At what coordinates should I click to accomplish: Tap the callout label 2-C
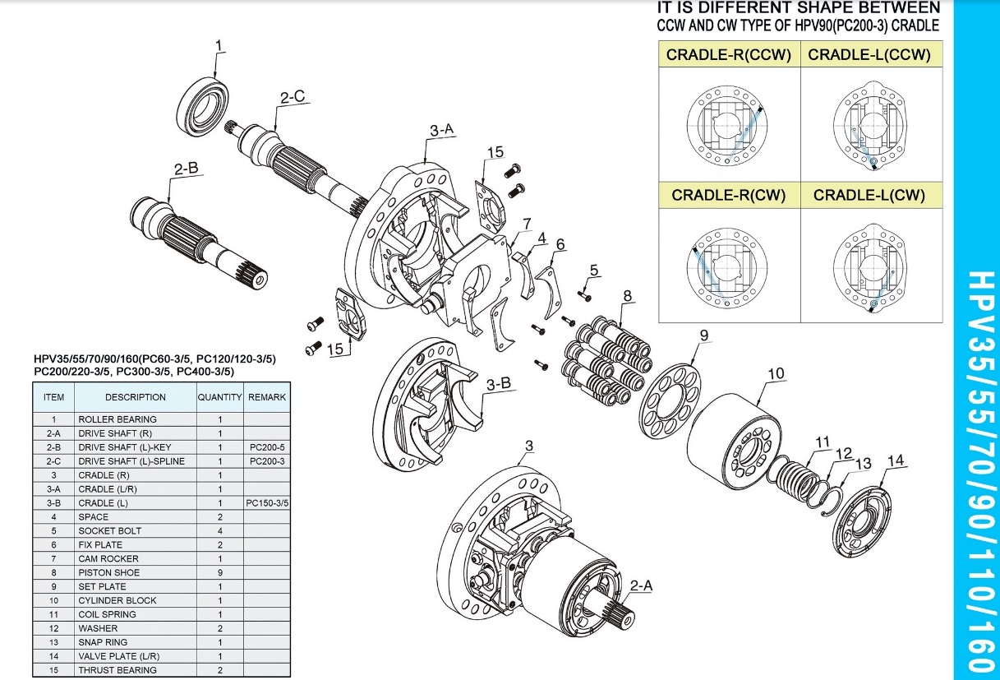[x=293, y=97]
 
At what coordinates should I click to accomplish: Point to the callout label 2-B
[x=187, y=169]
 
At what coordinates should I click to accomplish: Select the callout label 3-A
[x=441, y=130]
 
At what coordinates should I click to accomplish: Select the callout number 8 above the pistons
[x=628, y=296]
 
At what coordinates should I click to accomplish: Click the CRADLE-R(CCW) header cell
[x=729, y=54]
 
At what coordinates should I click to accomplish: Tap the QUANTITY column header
[x=220, y=397]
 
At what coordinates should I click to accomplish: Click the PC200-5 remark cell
[x=267, y=447]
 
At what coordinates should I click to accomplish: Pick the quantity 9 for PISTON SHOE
[x=220, y=573]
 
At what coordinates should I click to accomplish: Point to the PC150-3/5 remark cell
[x=267, y=503]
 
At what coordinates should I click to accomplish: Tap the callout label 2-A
[x=642, y=585]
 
